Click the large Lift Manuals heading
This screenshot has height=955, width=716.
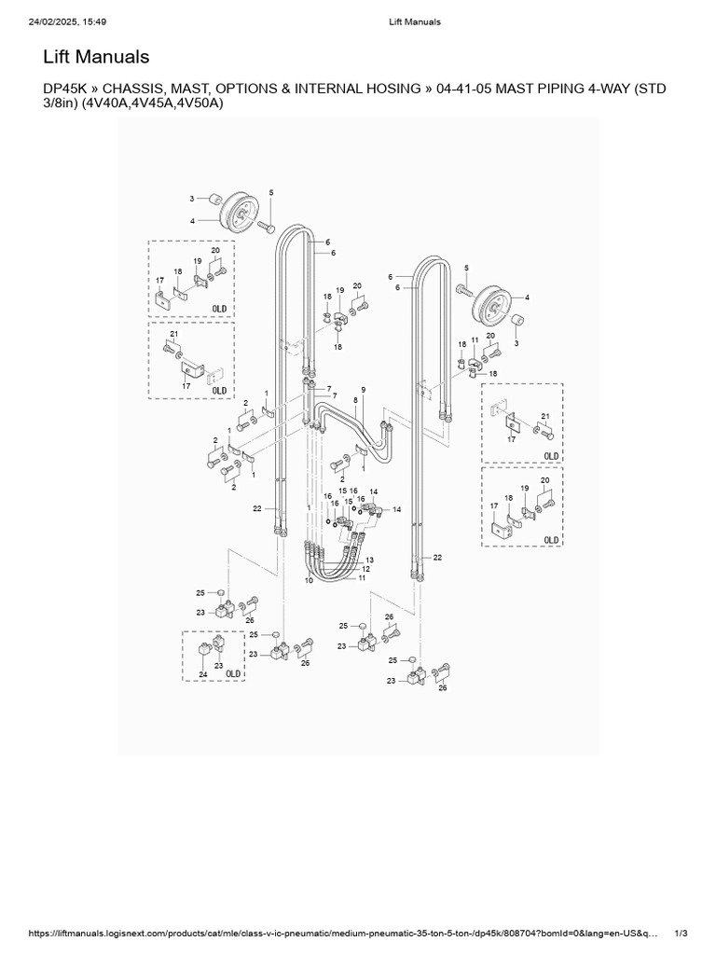coord(97,58)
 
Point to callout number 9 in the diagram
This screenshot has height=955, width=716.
coord(363,389)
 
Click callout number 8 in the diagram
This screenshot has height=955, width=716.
coord(355,401)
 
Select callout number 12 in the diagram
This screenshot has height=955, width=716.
coord(365,568)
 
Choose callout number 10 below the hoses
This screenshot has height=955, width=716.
coord(310,580)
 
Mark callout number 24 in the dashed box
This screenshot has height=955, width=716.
coord(202,674)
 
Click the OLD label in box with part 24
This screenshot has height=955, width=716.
coord(233,673)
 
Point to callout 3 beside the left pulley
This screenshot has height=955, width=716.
coord(192,199)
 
